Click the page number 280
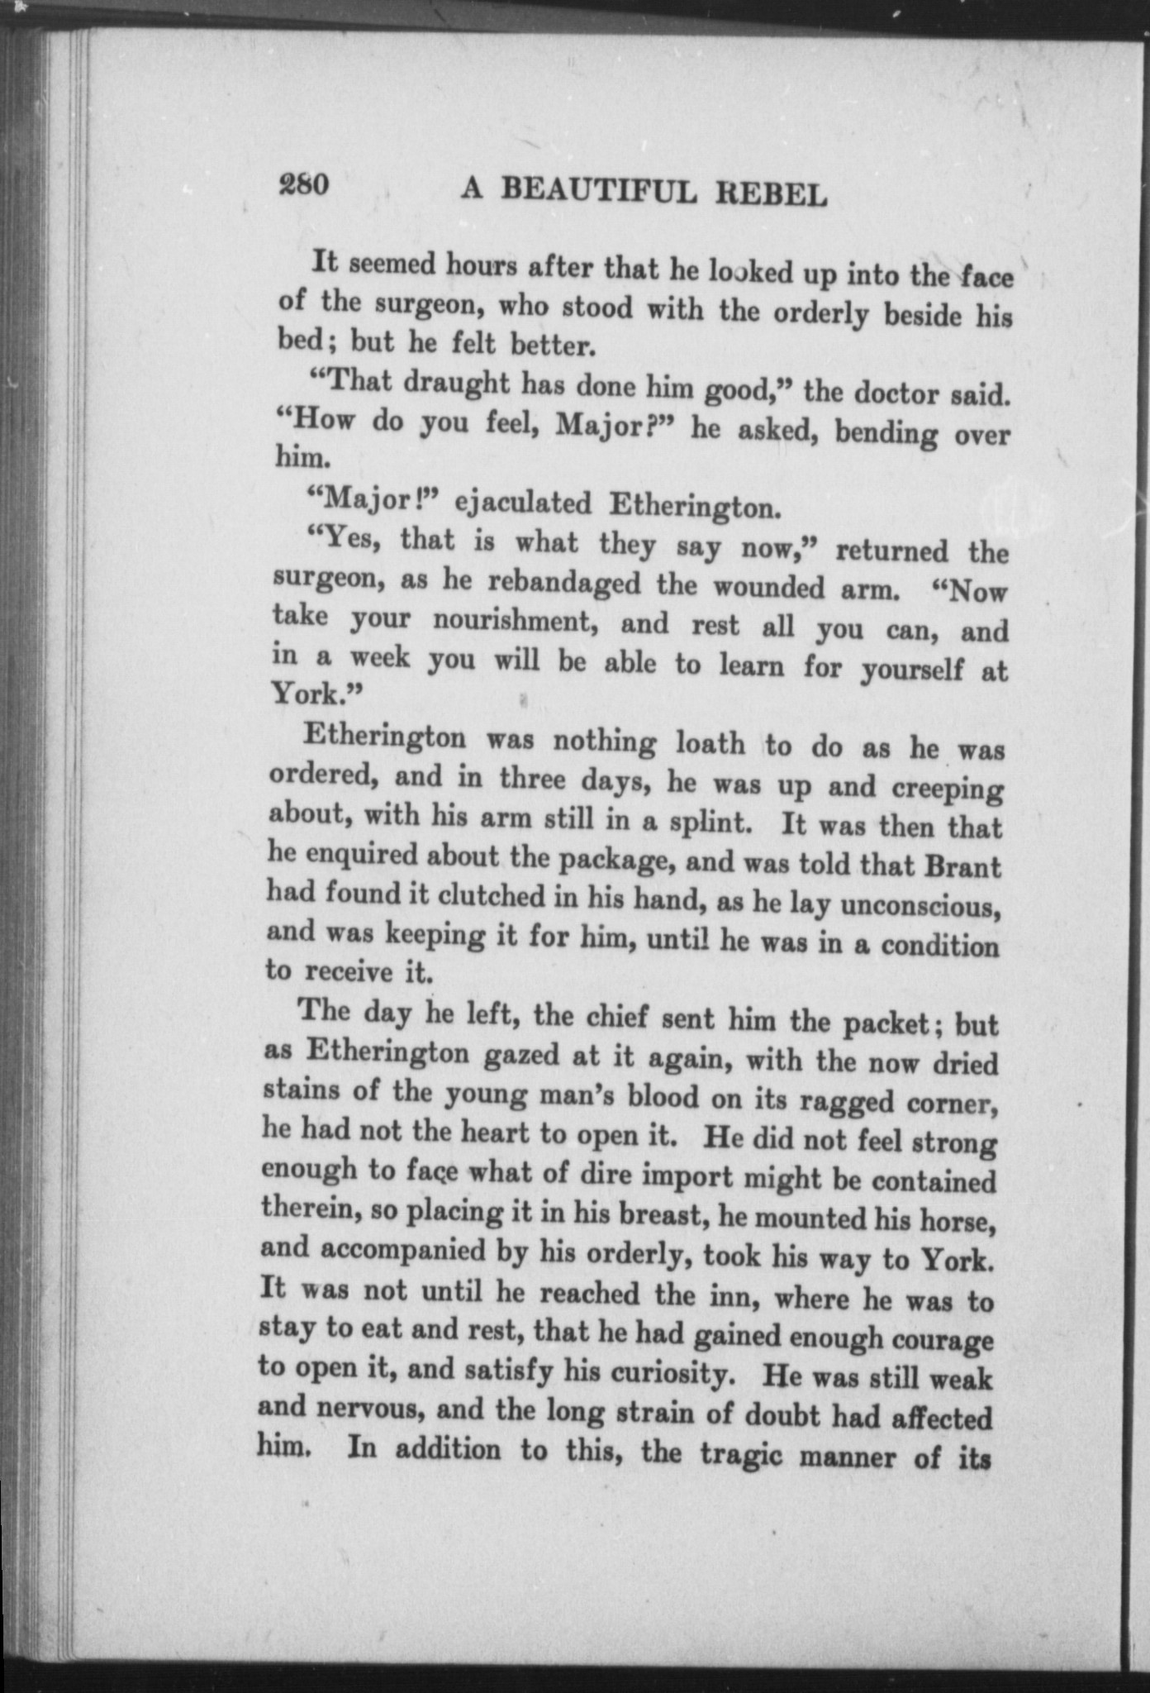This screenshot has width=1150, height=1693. coord(305,185)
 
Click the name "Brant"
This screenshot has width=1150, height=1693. coord(962,867)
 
